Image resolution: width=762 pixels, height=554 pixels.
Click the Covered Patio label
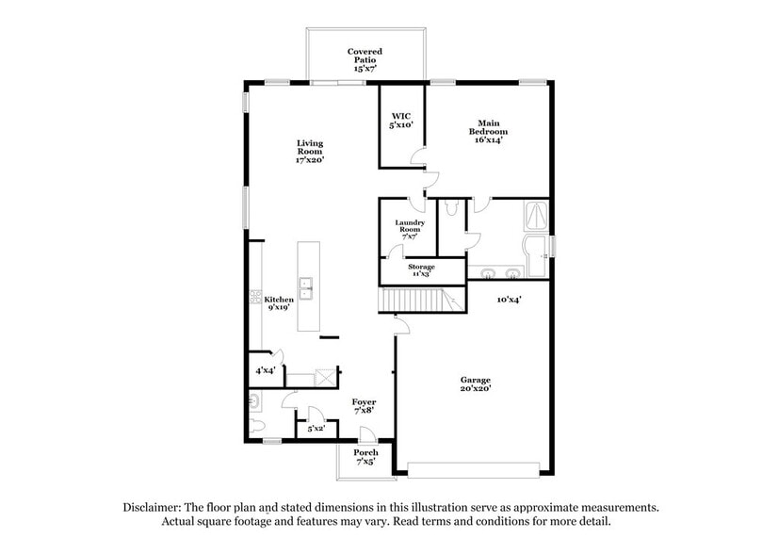[x=365, y=59]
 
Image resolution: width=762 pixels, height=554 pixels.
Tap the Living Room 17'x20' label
[x=310, y=152]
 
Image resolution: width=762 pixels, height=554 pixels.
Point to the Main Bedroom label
[x=487, y=131]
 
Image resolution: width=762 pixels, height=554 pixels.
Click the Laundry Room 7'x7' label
[x=409, y=228]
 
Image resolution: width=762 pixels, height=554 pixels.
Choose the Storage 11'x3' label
[x=421, y=270]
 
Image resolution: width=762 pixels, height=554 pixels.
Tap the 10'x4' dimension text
[x=509, y=299]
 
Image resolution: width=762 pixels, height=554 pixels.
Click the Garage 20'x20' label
[x=476, y=384]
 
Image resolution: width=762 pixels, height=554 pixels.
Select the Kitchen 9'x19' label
[x=279, y=302]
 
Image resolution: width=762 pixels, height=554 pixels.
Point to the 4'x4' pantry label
[x=265, y=370]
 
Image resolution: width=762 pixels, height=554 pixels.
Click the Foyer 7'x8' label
[x=364, y=406]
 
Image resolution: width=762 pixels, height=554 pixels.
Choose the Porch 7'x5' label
[x=365, y=457]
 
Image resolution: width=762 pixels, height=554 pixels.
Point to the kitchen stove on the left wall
[x=254, y=300]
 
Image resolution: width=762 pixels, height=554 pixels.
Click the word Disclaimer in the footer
[x=154, y=507]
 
